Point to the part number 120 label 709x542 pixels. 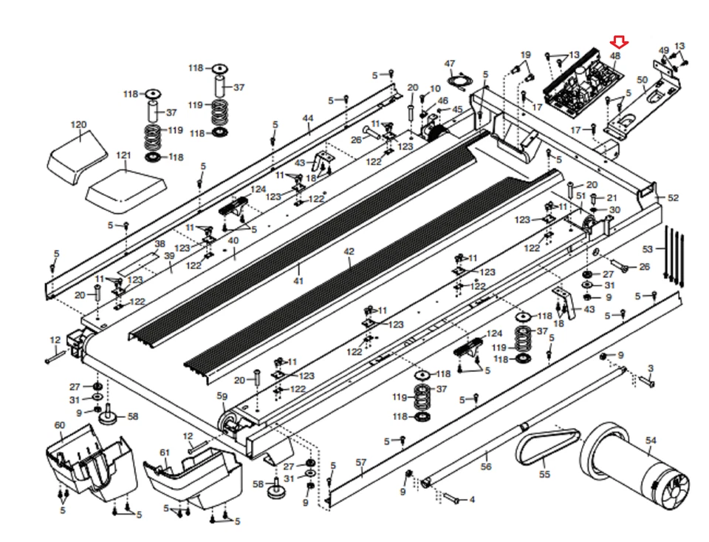tap(78, 125)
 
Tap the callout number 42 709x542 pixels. tap(349, 251)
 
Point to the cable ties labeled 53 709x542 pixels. tap(674, 255)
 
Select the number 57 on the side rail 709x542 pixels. tap(360, 462)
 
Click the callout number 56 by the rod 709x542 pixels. tap(485, 467)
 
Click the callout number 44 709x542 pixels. tap(307, 118)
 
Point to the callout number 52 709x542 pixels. tap(673, 198)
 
